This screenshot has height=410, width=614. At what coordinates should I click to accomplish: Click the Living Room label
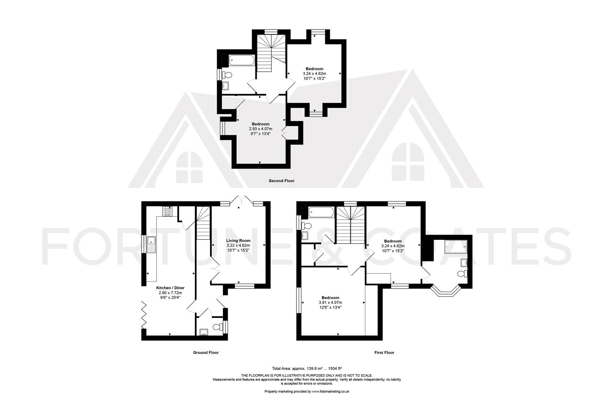tap(238, 241)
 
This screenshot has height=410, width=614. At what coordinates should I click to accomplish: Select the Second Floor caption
tap(281, 181)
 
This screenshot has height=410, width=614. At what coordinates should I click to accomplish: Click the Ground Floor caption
tap(206, 353)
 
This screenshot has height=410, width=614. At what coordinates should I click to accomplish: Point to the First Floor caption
tap(384, 353)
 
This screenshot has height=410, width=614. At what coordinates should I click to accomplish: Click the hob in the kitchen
tap(167, 211)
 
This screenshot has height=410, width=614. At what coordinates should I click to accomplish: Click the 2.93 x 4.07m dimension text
tap(260, 129)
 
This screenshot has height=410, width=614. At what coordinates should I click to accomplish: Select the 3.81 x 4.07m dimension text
tap(330, 303)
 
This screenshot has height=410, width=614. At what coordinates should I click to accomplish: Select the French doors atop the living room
tap(242, 201)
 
